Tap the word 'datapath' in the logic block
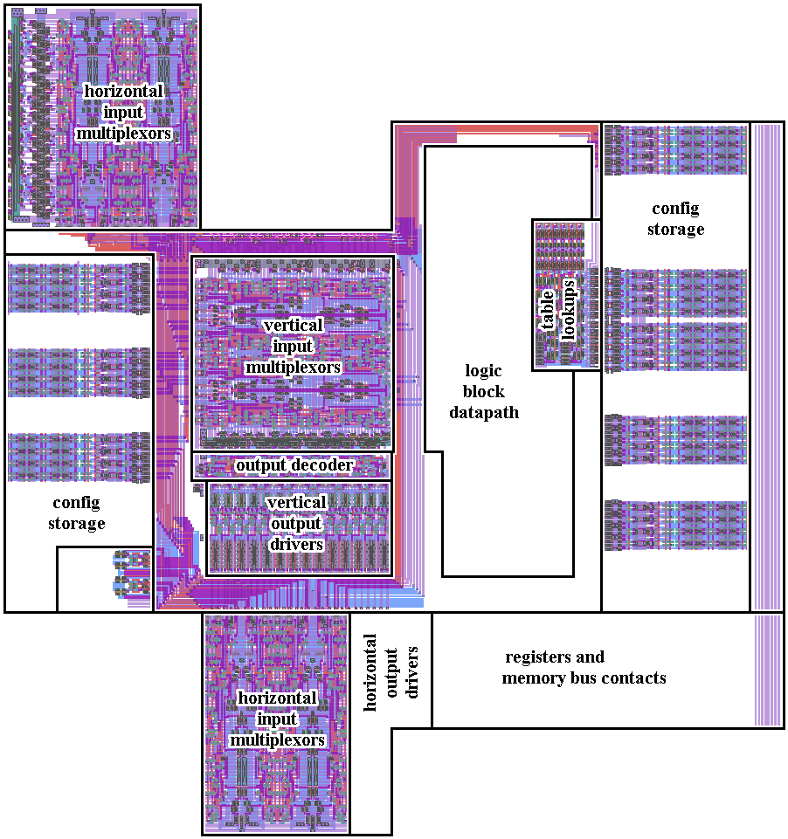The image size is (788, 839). pyautogui.click(x=484, y=413)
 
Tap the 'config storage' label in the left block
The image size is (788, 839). pyautogui.click(x=78, y=513)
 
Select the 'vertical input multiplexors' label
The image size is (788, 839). pyautogui.click(x=293, y=347)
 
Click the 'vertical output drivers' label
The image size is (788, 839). pyautogui.click(x=297, y=524)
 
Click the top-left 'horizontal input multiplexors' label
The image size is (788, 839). pyautogui.click(x=123, y=113)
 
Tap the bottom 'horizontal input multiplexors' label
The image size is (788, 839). pyautogui.click(x=278, y=719)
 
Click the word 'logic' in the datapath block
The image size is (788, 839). pyautogui.click(x=484, y=371)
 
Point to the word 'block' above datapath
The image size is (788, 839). pyautogui.click(x=484, y=392)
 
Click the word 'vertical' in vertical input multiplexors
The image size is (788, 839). pyautogui.click(x=293, y=325)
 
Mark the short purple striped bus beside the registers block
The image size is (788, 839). pyautogui.click(x=767, y=671)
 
